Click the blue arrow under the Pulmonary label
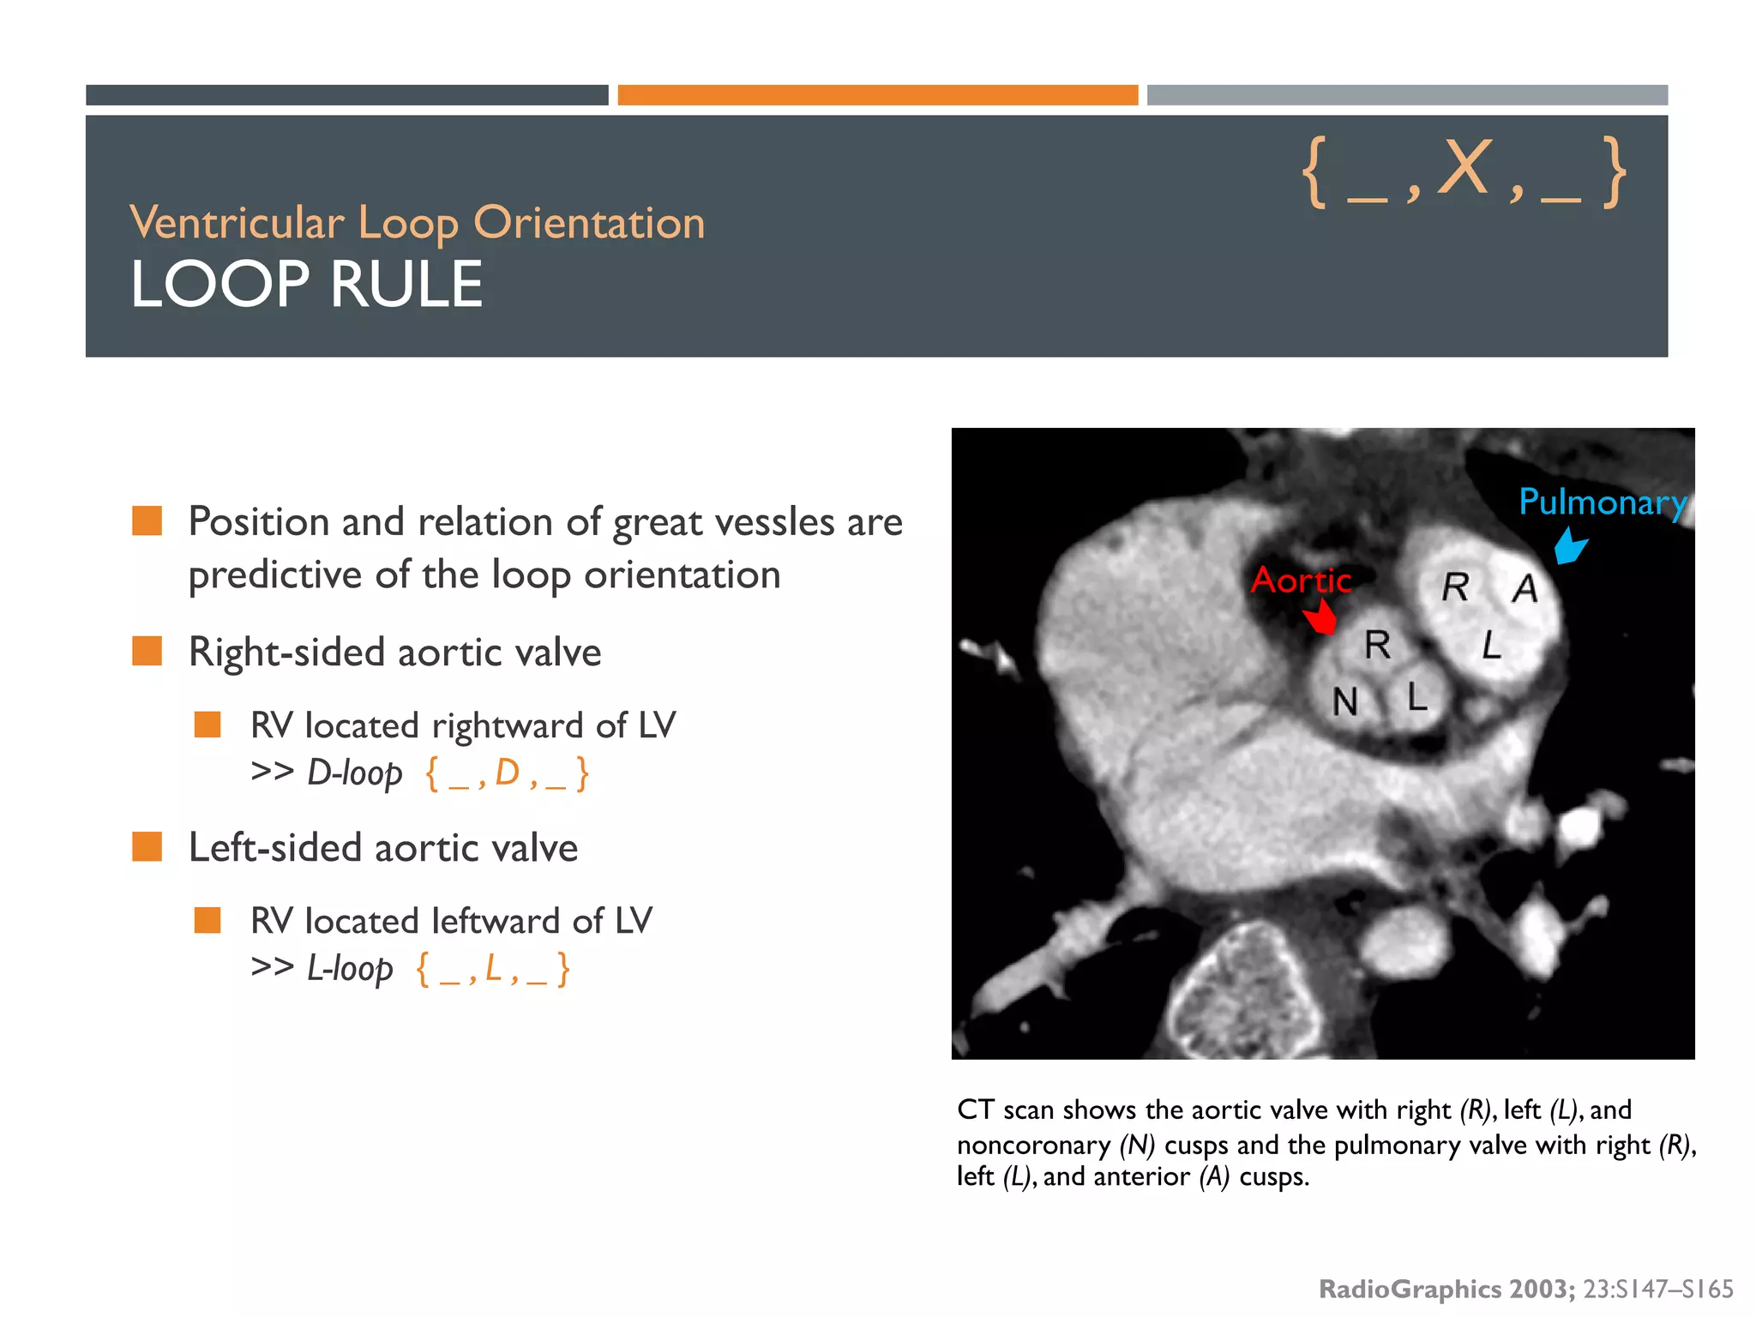1571,546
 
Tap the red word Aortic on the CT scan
1301,580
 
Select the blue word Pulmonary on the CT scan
1602,502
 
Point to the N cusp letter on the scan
1345,702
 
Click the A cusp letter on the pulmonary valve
1524,589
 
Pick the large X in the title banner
1464,168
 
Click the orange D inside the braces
508,773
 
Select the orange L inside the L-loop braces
493,968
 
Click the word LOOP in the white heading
220,285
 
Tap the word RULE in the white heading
406,285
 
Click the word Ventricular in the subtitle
237,223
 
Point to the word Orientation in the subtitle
589,223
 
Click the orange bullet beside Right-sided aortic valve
147,651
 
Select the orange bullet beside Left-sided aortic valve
147,846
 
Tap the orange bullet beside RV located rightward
207,725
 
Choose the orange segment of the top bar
877,95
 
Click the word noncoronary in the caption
1033,1145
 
